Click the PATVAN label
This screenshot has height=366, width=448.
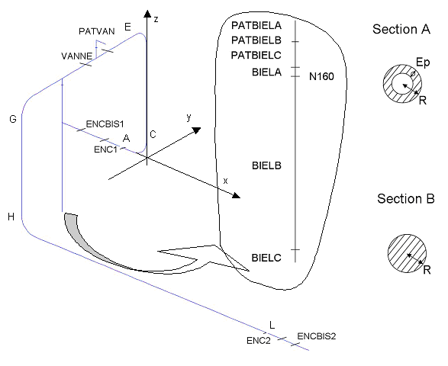pyautogui.click(x=97, y=31)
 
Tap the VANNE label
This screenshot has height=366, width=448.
pyautogui.click(x=77, y=56)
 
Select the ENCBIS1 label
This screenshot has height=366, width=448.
pyautogui.click(x=105, y=124)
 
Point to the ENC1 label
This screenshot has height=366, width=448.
pyautogui.click(x=106, y=149)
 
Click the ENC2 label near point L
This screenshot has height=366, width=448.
pyautogui.click(x=258, y=341)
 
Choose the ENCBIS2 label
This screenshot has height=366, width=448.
pyautogui.click(x=317, y=336)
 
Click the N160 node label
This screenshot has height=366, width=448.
pyautogui.click(x=321, y=76)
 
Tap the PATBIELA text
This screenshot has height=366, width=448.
pyautogui.click(x=256, y=25)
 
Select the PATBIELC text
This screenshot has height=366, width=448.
pyautogui.click(x=256, y=55)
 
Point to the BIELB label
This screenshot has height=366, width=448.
pyautogui.click(x=266, y=165)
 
